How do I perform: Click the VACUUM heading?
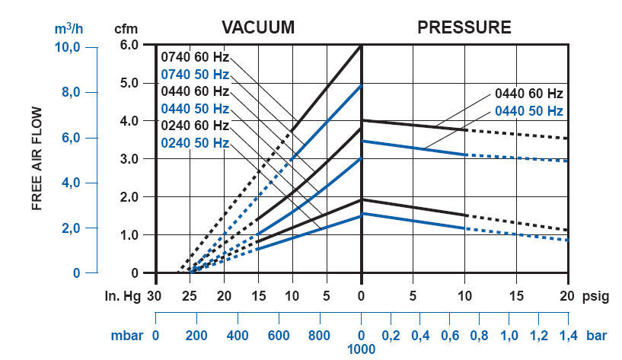point(257,28)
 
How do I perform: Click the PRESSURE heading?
point(464,28)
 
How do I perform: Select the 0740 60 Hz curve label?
point(194,57)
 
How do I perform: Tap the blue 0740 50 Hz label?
point(194,75)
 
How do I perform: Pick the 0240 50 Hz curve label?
point(194,142)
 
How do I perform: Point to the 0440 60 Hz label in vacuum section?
point(194,91)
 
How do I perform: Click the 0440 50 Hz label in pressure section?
point(528,111)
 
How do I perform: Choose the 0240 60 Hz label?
point(194,125)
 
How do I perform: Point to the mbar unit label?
point(126,334)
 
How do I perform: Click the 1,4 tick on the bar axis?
point(568,334)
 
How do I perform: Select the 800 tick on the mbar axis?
point(320,334)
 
